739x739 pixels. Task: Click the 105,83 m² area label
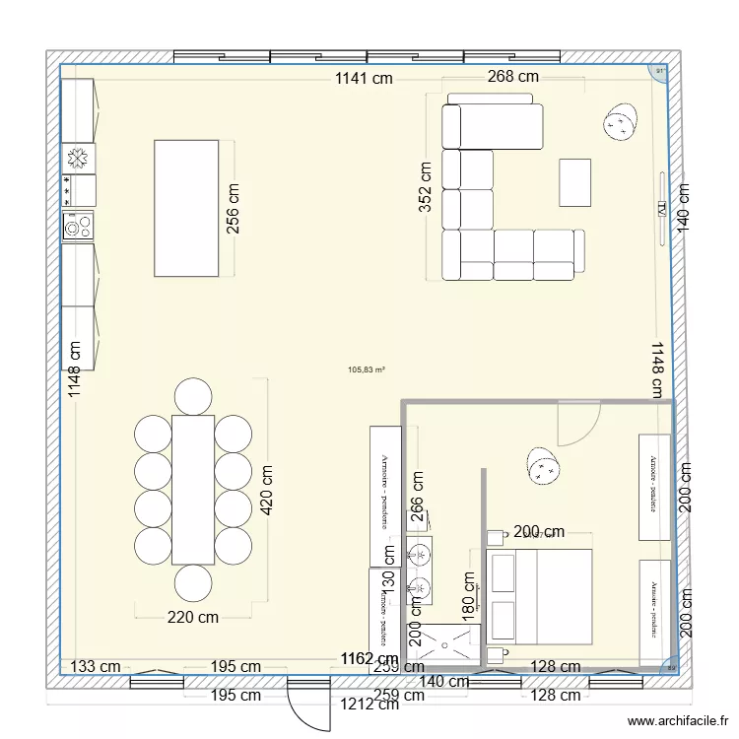(x=367, y=370)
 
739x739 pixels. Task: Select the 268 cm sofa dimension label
(x=513, y=77)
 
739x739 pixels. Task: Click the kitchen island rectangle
(x=186, y=208)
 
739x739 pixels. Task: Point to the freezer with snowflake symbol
(x=79, y=158)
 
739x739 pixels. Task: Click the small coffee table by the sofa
(x=575, y=182)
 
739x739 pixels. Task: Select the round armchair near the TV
(x=622, y=122)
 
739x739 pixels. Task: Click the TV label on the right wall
(x=661, y=209)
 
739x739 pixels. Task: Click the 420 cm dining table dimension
(x=266, y=491)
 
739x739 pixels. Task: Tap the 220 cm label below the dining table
(x=191, y=618)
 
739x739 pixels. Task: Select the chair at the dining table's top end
(x=192, y=396)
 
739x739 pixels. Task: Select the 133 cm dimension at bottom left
(x=97, y=666)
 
